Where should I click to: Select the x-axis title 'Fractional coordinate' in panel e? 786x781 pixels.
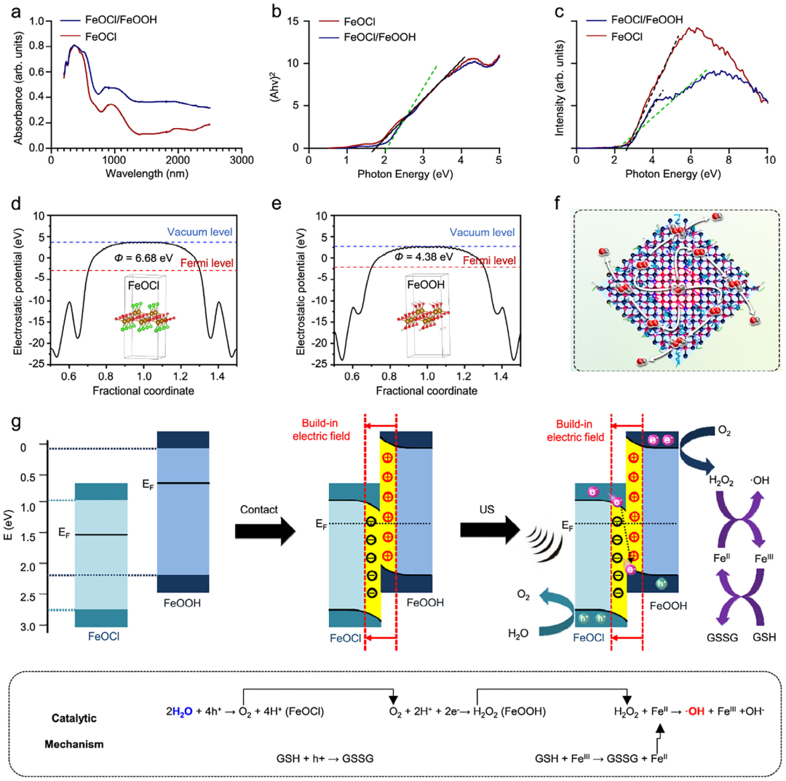click(x=416, y=390)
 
